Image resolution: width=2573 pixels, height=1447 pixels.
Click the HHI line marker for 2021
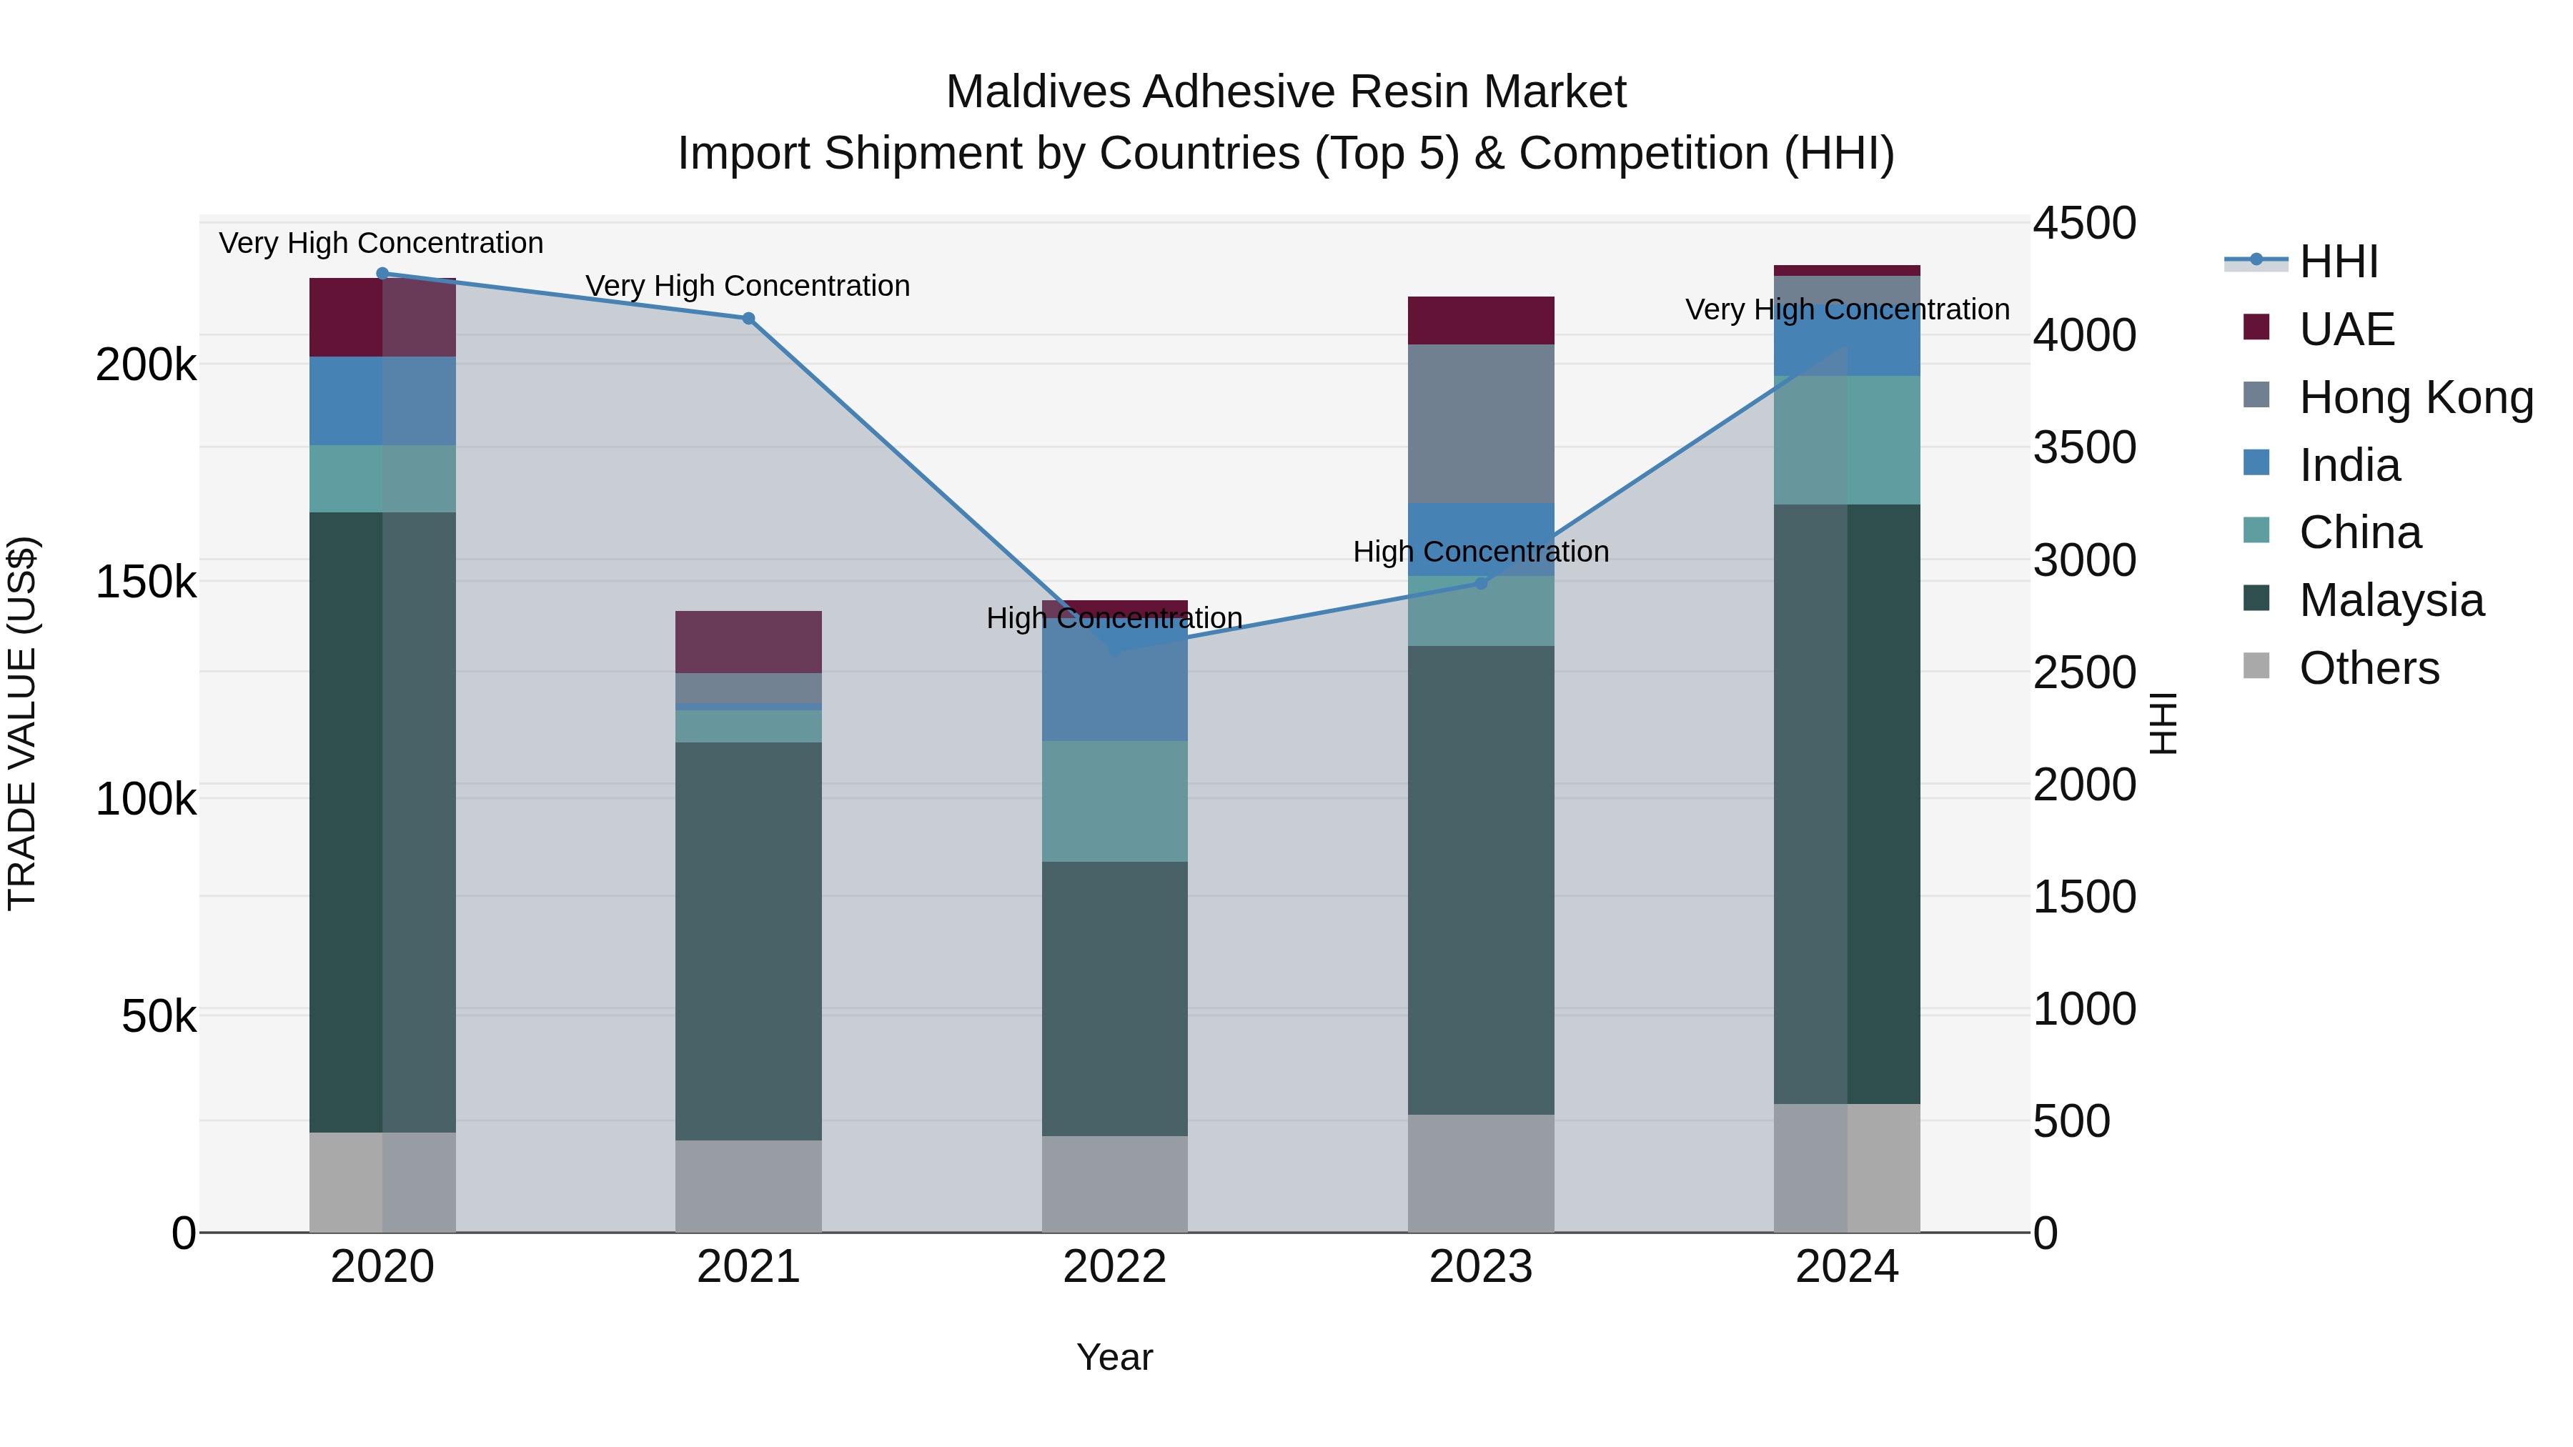tap(748, 319)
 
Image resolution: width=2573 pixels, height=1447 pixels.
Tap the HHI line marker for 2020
tap(382, 273)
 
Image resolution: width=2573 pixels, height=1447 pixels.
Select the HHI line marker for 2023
tap(1482, 583)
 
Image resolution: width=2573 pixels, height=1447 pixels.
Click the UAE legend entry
tap(2346, 329)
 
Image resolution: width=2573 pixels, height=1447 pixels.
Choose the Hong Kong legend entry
tap(2415, 397)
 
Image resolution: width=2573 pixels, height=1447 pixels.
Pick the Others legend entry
tap(2369, 668)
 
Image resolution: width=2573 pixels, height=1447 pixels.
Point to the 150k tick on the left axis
tap(146, 581)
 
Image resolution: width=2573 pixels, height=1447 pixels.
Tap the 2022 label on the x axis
tap(1115, 1267)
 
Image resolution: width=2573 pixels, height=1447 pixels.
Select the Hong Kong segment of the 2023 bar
tap(1482, 424)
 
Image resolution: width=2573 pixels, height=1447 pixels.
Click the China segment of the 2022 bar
tap(1115, 801)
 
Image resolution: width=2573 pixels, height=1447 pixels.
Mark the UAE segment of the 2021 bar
tap(748, 642)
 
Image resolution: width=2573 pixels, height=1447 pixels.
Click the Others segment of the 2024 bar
tap(1847, 1168)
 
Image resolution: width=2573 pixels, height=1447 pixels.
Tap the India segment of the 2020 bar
tap(382, 400)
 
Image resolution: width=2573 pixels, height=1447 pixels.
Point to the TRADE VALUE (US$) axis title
tap(22, 723)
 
